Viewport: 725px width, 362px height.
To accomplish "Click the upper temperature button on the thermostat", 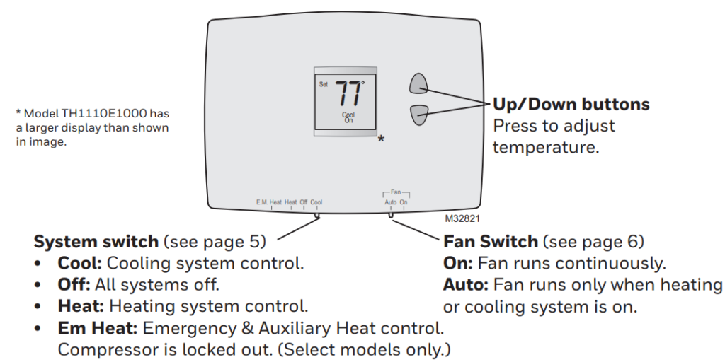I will pyautogui.click(x=418, y=83).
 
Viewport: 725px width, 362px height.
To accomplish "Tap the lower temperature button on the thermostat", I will pyautogui.click(x=418, y=114).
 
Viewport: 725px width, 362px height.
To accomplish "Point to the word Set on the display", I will pyautogui.click(x=324, y=84).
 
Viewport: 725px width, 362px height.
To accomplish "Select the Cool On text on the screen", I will pyautogui.click(x=348, y=117).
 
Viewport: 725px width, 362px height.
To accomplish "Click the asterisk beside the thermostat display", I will pyautogui.click(x=381, y=140).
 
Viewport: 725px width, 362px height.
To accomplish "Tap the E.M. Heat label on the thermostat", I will pyautogui.click(x=268, y=202).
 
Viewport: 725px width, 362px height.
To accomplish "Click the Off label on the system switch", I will pyautogui.click(x=304, y=202).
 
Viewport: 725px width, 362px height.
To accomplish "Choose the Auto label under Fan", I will pyautogui.click(x=390, y=202).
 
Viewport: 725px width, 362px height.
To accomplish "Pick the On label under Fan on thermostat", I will pyautogui.click(x=404, y=202).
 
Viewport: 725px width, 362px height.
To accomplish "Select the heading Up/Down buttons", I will pyautogui.click(x=571, y=105).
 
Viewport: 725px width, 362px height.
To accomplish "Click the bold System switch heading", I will pyautogui.click(x=96, y=242).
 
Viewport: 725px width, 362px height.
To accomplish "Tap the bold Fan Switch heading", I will pyautogui.click(x=491, y=242).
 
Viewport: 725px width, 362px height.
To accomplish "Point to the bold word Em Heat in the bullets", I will pyautogui.click(x=98, y=329).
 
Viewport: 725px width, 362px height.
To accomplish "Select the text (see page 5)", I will pyautogui.click(x=215, y=242).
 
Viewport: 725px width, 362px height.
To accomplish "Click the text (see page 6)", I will pyautogui.click(x=593, y=242).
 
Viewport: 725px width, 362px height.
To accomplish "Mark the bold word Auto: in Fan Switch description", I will pyautogui.click(x=466, y=286).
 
